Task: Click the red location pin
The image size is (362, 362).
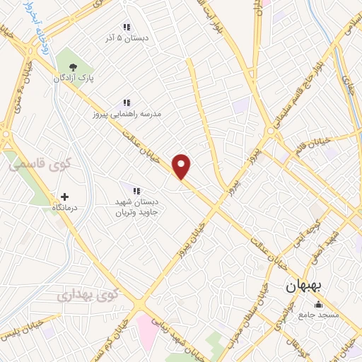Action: point(182,166)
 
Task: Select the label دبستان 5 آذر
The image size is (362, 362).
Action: point(127,40)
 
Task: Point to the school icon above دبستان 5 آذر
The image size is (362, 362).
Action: point(127,28)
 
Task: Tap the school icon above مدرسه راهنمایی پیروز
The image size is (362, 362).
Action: point(127,103)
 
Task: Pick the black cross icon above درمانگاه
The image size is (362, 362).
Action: point(65,197)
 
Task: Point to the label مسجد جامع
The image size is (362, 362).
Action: point(319,314)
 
